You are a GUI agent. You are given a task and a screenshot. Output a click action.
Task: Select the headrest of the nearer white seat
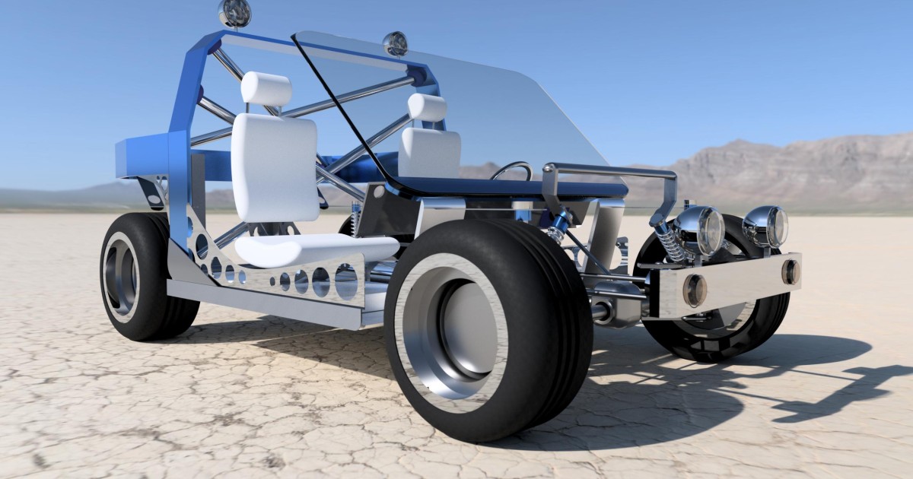pos(266,88)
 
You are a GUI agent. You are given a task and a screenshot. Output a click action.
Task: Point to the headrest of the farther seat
pos(427,107)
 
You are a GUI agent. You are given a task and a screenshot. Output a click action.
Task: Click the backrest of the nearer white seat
pos(274,167)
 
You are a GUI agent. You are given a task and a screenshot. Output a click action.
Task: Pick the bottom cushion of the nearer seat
pos(316,249)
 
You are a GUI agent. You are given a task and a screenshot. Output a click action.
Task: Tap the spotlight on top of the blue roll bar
pos(234,12)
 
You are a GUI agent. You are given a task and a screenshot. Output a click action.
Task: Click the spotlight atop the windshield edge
pos(395,43)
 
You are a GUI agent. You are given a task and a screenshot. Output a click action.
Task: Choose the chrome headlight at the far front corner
pos(765,226)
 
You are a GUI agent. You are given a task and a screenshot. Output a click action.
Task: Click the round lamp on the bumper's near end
pos(694,290)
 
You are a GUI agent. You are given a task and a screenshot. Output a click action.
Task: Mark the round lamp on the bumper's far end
pos(791,271)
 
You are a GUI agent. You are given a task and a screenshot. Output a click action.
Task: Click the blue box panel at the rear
pos(142,156)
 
